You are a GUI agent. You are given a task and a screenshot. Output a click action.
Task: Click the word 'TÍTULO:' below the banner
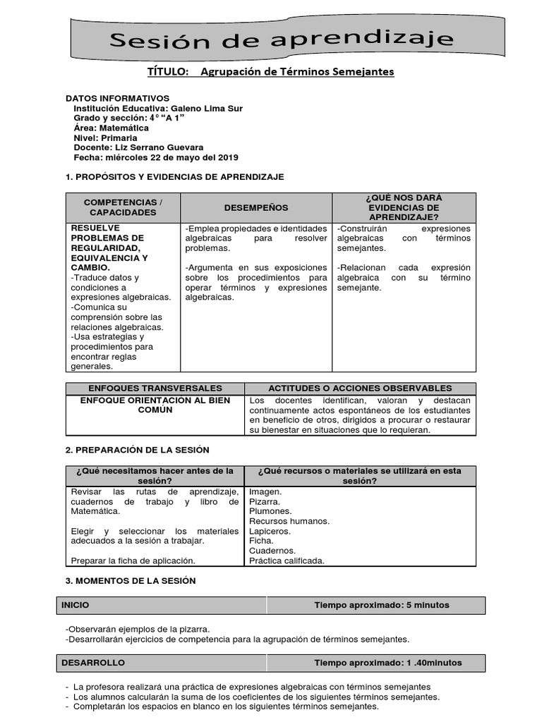(168, 72)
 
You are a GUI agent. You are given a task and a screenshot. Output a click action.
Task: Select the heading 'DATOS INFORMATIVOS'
(117, 98)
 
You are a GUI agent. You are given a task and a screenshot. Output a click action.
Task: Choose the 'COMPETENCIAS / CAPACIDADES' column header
(123, 207)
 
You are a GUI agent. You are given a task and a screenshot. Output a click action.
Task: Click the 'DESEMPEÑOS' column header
(256, 207)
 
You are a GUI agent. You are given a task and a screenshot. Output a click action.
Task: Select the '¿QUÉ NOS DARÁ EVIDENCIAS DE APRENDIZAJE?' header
(404, 207)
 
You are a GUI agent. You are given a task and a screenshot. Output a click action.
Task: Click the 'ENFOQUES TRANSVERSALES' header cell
(155, 388)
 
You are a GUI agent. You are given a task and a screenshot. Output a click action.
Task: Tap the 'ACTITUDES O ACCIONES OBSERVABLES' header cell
(360, 388)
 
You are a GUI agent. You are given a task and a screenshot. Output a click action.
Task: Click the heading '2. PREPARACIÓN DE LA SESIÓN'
(137, 450)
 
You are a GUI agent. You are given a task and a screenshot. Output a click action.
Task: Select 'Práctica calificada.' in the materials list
(287, 561)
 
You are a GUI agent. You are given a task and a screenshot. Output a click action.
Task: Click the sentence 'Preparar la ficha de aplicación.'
(133, 561)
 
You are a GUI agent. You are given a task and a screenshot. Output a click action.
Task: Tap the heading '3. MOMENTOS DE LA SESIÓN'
(130, 580)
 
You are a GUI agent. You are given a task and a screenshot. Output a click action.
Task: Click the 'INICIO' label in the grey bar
(76, 605)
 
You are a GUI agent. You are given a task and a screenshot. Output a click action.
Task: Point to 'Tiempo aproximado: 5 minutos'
(381, 605)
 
